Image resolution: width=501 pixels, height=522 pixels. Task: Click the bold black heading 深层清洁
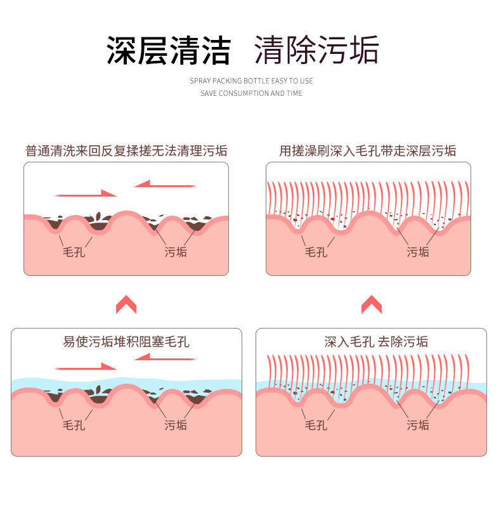(x=168, y=50)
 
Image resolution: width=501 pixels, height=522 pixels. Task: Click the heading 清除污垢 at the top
(x=316, y=50)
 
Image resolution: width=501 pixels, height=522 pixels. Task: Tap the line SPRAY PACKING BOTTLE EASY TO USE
(x=251, y=81)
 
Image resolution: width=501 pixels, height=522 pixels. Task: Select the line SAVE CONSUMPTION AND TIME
(x=251, y=93)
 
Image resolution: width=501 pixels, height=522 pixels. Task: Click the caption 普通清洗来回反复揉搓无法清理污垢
(x=126, y=151)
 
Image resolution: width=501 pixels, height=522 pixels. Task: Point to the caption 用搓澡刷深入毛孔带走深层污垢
(x=368, y=151)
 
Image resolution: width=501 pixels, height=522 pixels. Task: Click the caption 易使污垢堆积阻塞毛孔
(x=126, y=342)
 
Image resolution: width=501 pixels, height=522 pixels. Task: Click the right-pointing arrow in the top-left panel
(x=86, y=193)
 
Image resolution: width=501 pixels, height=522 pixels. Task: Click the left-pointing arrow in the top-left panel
(x=165, y=185)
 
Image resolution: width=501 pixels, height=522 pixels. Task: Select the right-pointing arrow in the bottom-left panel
(x=86, y=367)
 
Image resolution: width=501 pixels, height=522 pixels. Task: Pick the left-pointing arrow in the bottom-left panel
(x=165, y=357)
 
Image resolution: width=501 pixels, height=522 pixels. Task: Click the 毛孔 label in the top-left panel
(x=74, y=252)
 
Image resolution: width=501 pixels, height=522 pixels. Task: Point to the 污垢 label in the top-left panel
(x=176, y=252)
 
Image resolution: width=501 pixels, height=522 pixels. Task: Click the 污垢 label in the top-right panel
(x=418, y=252)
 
